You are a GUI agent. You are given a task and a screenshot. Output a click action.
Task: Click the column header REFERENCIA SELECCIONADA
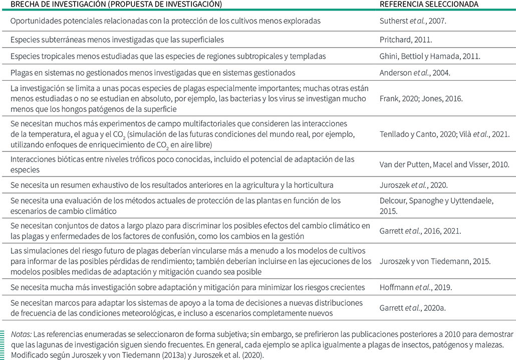(x=429, y=4)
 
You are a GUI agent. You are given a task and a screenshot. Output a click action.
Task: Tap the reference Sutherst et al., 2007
(x=410, y=21)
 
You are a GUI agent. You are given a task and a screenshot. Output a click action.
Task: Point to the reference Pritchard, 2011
(x=403, y=39)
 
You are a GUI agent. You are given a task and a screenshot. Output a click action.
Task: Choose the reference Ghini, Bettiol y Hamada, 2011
(x=429, y=56)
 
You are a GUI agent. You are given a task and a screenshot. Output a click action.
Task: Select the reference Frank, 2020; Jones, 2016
(x=421, y=99)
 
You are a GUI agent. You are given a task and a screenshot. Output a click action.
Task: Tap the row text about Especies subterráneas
(x=117, y=39)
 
